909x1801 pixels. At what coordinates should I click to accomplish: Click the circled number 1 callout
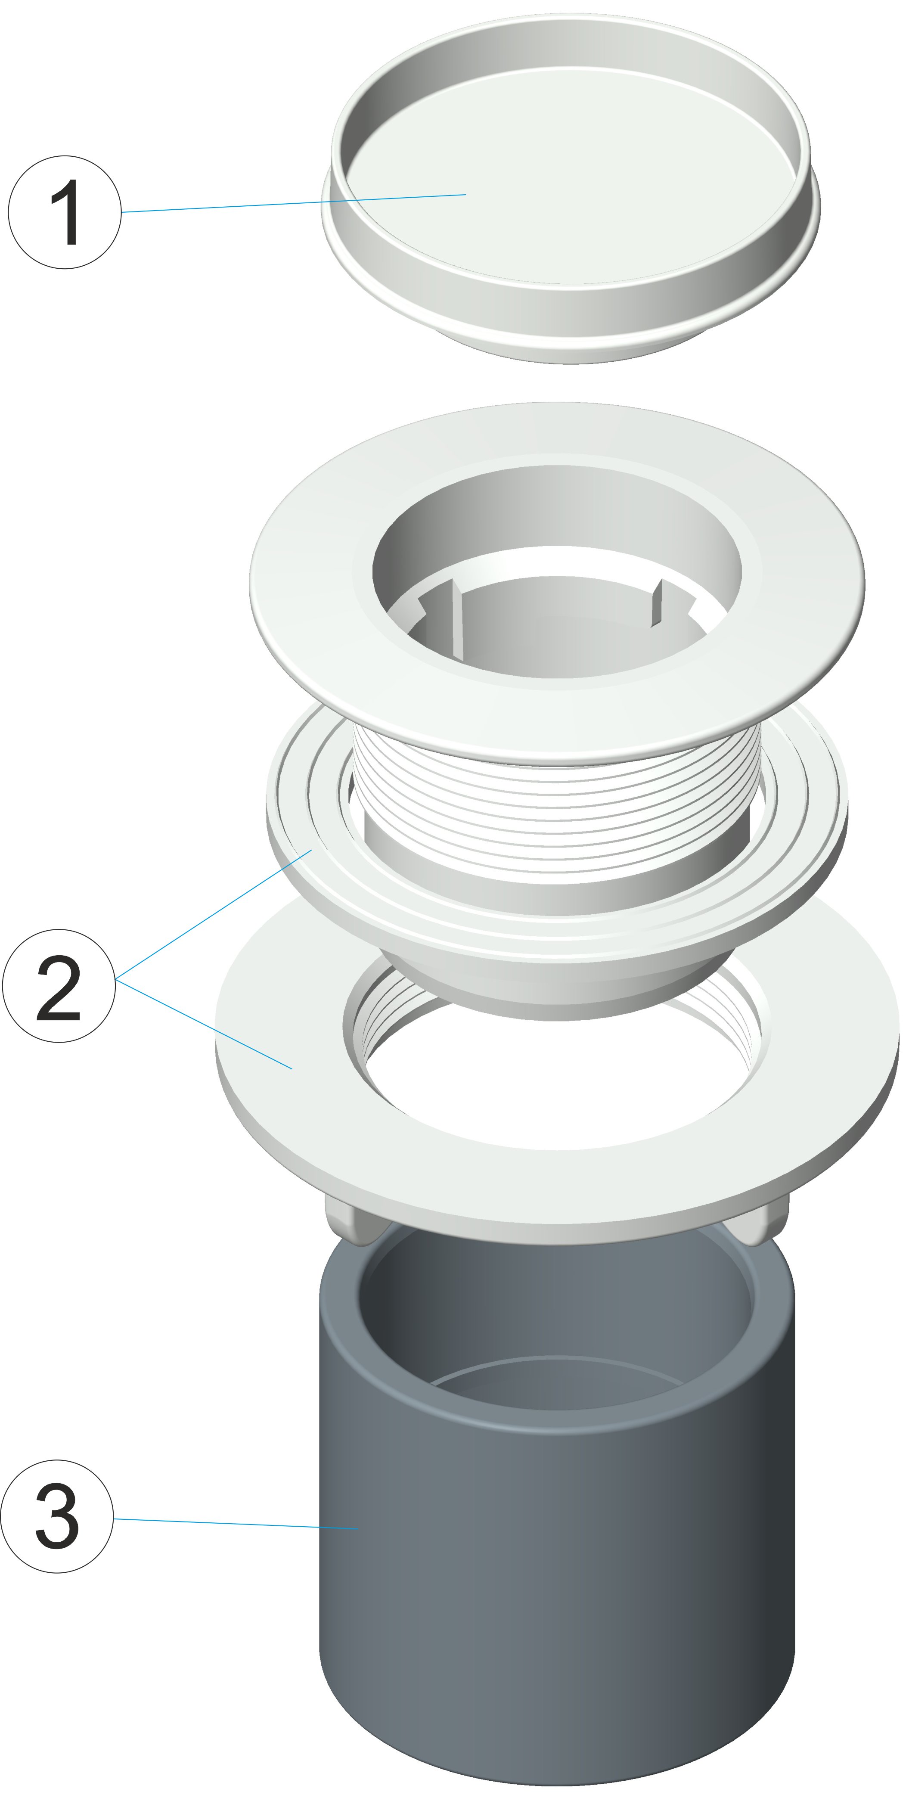pyautogui.click(x=64, y=212)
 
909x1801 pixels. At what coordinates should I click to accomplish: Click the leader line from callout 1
pyautogui.click(x=294, y=203)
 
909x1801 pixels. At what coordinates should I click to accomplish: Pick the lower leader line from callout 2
pyautogui.click(x=204, y=1024)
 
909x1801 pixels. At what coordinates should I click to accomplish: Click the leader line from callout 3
pyautogui.click(x=236, y=1523)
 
